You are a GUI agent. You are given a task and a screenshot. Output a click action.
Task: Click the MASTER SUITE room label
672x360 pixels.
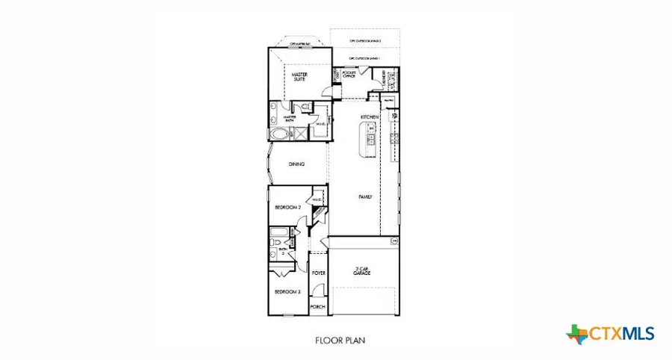click(x=299, y=76)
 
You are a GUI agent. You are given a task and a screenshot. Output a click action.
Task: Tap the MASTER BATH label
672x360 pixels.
click(x=290, y=119)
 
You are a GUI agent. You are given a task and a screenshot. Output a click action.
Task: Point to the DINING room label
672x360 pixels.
click(x=296, y=164)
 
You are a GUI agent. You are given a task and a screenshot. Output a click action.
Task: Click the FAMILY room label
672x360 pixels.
click(x=365, y=196)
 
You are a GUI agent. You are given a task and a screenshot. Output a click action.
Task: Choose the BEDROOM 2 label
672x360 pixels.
click(x=287, y=207)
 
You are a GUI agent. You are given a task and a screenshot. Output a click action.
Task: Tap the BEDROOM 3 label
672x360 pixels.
click(x=287, y=292)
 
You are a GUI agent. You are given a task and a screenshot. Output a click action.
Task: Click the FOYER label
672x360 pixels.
click(x=319, y=273)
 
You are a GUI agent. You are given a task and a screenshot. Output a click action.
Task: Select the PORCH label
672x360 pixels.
click(x=319, y=307)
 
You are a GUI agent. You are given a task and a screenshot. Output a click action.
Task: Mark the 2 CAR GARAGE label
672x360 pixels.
click(x=364, y=271)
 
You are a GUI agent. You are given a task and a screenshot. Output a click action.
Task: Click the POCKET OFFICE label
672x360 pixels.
click(x=349, y=75)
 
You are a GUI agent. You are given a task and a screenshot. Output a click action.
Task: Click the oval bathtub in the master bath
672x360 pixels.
click(x=279, y=135)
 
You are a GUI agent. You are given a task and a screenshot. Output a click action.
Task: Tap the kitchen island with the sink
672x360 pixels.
click(x=369, y=139)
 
